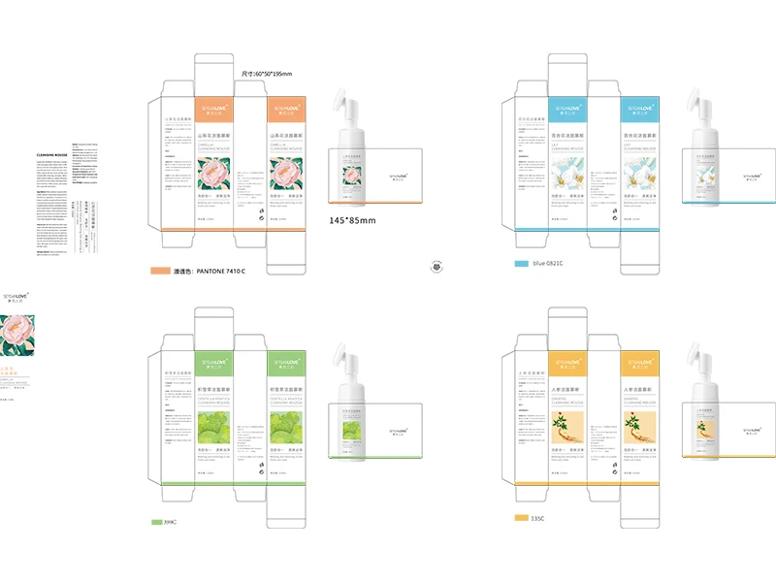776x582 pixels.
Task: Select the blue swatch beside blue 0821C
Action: (x=520, y=263)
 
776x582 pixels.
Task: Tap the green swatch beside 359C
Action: (x=156, y=522)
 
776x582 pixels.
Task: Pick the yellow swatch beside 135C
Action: (x=520, y=518)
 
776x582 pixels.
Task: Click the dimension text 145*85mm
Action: (x=352, y=221)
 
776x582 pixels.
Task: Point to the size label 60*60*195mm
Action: (x=267, y=74)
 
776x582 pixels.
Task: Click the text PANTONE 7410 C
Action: (x=209, y=271)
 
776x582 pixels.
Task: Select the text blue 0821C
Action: (x=547, y=263)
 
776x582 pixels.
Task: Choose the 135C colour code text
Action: (x=537, y=518)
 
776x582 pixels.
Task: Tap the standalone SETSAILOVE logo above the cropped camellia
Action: (x=19, y=290)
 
